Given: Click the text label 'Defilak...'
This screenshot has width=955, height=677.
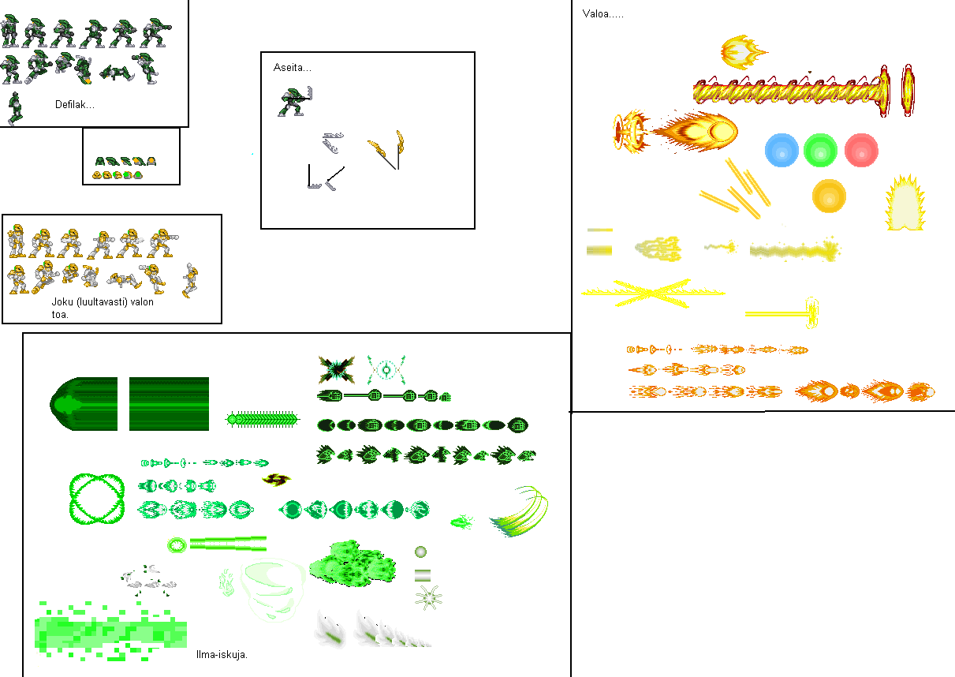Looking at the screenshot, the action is (75, 104).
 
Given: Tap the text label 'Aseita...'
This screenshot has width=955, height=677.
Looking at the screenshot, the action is (293, 67).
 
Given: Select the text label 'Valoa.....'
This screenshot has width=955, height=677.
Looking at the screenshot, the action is (602, 14).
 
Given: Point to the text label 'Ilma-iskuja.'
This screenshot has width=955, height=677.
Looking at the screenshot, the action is (222, 654).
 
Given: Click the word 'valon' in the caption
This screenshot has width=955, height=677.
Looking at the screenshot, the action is (142, 302).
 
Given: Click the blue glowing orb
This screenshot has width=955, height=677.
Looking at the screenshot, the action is (782, 150).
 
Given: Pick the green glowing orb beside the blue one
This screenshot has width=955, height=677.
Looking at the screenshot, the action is (820, 150).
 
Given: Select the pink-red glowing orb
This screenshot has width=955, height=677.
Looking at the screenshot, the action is (861, 150).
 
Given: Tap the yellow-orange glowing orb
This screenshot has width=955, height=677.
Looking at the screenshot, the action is (829, 196).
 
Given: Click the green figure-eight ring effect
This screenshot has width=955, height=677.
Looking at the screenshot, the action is (71, 498).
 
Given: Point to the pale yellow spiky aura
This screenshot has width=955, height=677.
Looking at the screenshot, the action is (905, 203).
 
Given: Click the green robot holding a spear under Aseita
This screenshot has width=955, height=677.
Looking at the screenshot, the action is (295, 101).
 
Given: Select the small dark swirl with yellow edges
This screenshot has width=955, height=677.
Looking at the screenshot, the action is (276, 480).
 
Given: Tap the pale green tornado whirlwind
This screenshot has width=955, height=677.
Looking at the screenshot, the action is (272, 591).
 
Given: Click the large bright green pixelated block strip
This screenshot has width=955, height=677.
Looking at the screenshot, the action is (110, 631).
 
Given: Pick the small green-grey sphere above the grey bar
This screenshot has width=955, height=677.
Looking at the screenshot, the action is (420, 552).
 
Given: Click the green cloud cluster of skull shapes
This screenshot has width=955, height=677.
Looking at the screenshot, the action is (353, 563).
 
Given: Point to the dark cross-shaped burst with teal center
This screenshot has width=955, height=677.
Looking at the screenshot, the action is (337, 369).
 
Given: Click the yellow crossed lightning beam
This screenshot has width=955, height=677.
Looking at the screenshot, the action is (653, 293).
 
